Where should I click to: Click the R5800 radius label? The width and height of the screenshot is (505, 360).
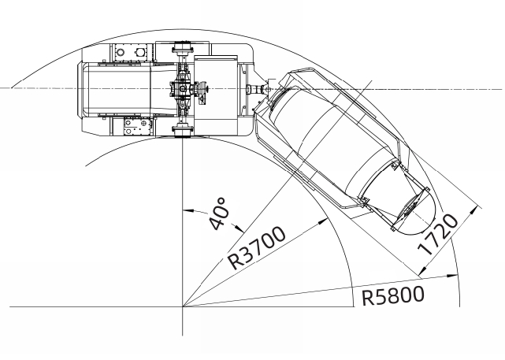pyautogui.click(x=393, y=295)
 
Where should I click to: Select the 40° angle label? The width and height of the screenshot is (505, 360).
pyautogui.click(x=220, y=213)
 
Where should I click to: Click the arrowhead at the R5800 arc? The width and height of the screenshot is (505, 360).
pyautogui.click(x=455, y=275)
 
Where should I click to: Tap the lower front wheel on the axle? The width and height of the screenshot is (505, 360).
pyautogui.click(x=182, y=128)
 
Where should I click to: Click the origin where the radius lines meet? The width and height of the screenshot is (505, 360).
pyautogui.click(x=183, y=306)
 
